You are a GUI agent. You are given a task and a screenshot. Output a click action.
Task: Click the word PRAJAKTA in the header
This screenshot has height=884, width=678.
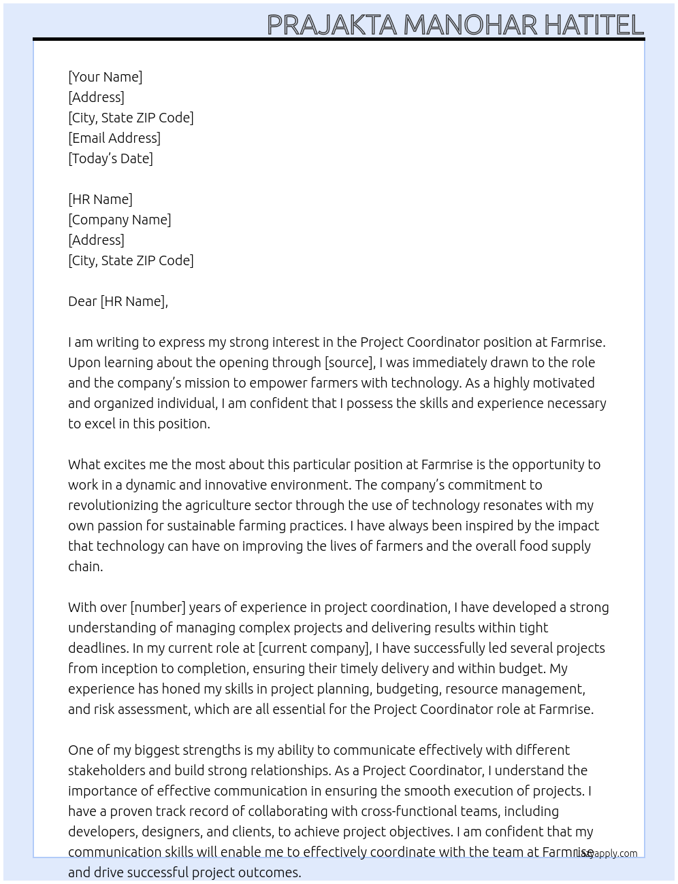[x=332, y=25]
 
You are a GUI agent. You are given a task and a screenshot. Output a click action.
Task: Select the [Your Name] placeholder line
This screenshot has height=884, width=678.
[x=105, y=77]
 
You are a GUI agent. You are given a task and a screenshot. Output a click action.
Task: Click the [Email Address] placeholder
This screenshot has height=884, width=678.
[x=114, y=138]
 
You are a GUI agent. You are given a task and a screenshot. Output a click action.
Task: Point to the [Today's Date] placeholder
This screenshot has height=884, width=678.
[x=110, y=158]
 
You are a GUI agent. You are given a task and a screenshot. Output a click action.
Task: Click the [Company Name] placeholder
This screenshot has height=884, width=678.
[x=119, y=220]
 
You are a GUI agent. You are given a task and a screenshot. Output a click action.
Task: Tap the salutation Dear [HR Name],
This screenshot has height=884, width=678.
[x=118, y=301]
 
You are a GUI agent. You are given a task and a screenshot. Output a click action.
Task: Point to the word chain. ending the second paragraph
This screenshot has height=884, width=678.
[x=85, y=566]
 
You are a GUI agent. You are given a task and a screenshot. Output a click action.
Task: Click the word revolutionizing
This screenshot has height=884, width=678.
[x=113, y=505]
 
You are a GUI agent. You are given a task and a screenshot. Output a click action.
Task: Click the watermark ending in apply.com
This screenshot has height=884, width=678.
[x=608, y=853]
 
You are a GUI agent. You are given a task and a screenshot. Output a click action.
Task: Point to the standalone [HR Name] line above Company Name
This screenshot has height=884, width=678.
[x=100, y=199]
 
